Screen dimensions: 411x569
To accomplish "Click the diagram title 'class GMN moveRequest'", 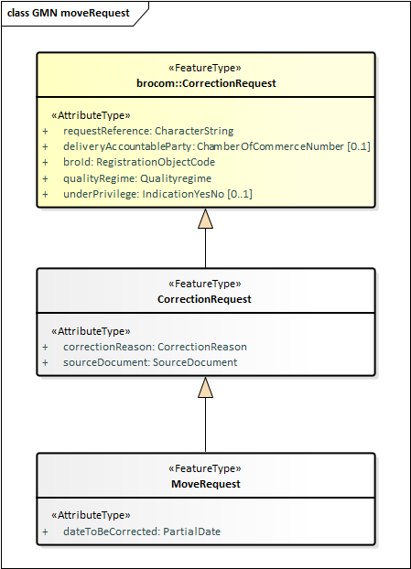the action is pyautogui.click(x=69, y=13).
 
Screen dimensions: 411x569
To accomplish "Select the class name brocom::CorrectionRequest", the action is pyautogui.click(x=206, y=83).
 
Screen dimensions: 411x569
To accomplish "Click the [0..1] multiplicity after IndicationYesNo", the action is pyautogui.click(x=240, y=194).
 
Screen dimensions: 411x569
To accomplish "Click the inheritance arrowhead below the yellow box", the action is pyautogui.click(x=205, y=219).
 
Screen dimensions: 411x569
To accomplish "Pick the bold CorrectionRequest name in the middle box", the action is pyautogui.click(x=204, y=299).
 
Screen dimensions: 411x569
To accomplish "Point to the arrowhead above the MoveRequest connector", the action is pyautogui.click(x=205, y=387).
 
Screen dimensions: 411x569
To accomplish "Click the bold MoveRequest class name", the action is pyautogui.click(x=206, y=484).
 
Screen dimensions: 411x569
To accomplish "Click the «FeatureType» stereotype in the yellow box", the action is pyautogui.click(x=205, y=68).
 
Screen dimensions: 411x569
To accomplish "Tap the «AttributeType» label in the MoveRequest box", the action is pyautogui.click(x=91, y=515).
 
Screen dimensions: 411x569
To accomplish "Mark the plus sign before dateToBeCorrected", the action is pyautogui.click(x=45, y=532).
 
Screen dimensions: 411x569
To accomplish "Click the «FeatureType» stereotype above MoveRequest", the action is pyautogui.click(x=205, y=468).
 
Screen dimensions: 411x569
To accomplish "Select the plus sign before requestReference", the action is pyautogui.click(x=45, y=131).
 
